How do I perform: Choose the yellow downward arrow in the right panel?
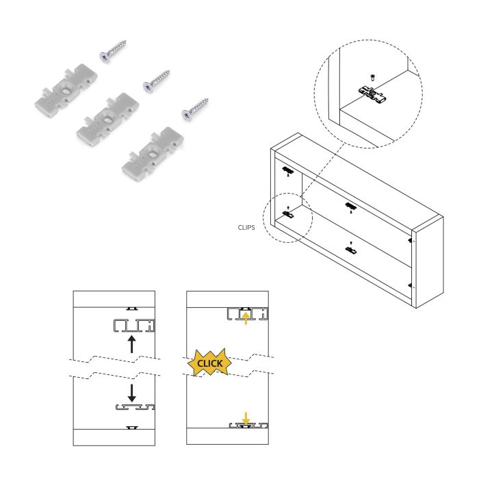pos(246,416)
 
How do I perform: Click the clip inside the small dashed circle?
pos(288,214)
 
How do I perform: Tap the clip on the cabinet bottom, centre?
pos(351,250)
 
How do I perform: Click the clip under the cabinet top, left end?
pos(287,170)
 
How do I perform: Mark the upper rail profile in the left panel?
pos(134,324)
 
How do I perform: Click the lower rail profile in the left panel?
pos(134,408)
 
